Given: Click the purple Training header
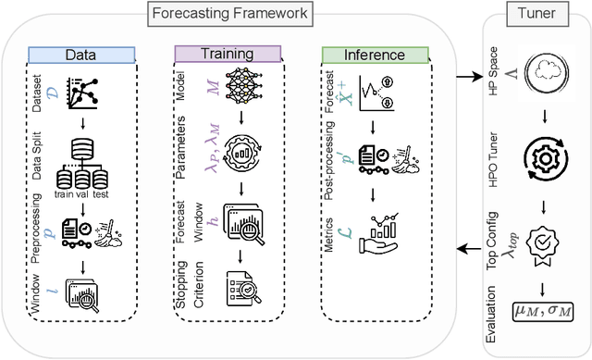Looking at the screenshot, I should tap(221, 55).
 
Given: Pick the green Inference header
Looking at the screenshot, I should tap(376, 55).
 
